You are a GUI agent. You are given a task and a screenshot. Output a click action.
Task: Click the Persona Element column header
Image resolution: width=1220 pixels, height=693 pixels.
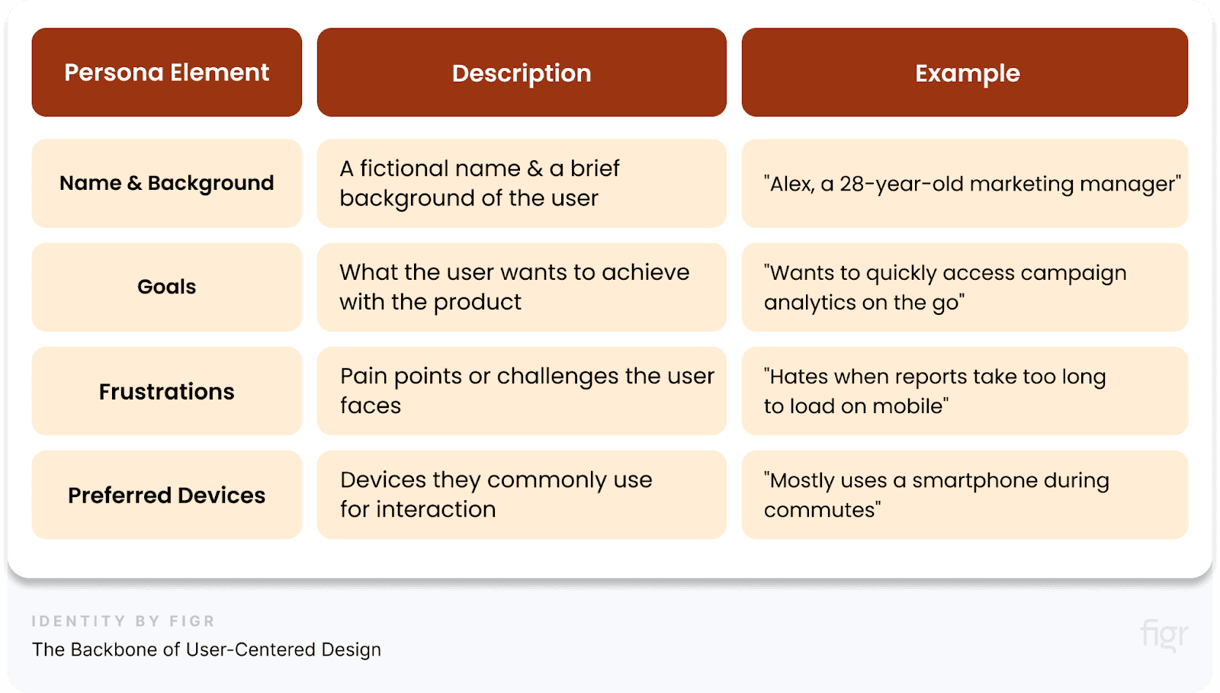pos(166,72)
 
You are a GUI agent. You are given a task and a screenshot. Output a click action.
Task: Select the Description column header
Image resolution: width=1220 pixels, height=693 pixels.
pos(522,73)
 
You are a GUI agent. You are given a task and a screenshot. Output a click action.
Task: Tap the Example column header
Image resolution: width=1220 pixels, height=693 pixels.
pos(965,73)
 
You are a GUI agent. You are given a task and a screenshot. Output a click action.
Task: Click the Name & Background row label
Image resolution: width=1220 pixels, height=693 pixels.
pos(166,183)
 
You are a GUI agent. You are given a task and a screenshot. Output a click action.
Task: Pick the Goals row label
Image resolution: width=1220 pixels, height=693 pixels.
pos(166,287)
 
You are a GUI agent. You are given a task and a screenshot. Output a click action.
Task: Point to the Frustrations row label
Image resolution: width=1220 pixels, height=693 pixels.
pos(166,391)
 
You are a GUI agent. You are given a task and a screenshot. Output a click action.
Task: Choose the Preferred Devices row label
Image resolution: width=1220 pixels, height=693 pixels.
pos(166,495)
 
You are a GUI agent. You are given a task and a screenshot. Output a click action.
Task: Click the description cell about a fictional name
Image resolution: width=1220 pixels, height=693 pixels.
pos(522,183)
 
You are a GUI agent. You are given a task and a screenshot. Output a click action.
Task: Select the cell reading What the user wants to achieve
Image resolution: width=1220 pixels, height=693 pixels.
pos(522,287)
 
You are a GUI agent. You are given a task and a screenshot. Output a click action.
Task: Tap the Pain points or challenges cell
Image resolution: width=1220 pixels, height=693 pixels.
pos(522,391)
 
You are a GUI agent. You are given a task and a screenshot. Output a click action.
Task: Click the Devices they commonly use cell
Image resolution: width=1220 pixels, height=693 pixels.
pos(522,495)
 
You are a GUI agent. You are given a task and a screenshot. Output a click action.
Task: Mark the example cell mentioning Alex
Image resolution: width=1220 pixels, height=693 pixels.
pos(965,184)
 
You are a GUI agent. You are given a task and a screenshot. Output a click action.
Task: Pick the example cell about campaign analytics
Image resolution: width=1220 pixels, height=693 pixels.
pos(965,287)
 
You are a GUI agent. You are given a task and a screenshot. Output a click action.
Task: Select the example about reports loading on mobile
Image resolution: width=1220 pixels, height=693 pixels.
pos(965,391)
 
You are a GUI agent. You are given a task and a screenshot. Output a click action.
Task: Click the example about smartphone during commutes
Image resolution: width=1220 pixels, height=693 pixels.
pos(965,495)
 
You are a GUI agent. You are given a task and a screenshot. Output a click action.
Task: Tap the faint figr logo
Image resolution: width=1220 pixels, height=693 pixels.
pos(1164,635)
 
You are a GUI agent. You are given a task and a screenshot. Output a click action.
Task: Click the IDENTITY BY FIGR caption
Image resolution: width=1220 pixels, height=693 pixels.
pos(123,621)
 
